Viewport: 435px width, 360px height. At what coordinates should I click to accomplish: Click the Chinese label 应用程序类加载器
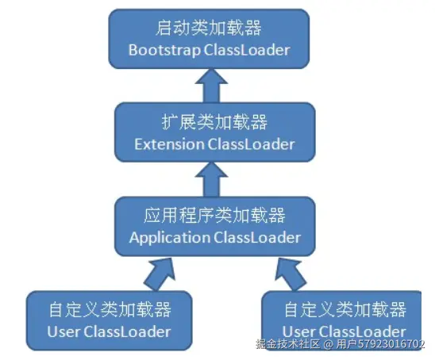[214, 216]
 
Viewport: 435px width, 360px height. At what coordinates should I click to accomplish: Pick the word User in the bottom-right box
[300, 331]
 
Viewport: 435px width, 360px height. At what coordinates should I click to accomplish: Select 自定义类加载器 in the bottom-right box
[345, 309]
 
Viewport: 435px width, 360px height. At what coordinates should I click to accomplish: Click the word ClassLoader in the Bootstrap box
[246, 50]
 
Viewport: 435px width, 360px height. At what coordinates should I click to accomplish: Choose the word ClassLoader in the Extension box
[251, 144]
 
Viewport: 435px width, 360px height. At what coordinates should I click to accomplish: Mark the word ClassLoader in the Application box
[256, 237]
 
